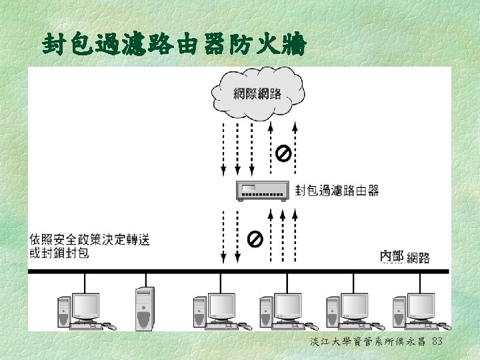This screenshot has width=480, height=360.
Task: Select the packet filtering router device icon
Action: tap(263, 191)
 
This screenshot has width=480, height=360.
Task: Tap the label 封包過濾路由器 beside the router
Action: tap(337, 191)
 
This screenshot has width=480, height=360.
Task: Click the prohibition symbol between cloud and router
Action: tap(283, 155)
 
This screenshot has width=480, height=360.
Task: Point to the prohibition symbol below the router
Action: tap(255, 238)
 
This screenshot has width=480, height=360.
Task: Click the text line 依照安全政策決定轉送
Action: tap(90, 239)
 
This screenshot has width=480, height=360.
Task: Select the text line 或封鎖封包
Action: tap(59, 253)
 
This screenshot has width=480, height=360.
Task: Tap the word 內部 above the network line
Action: tap(392, 256)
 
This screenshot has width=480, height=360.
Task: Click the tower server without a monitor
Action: tap(145, 309)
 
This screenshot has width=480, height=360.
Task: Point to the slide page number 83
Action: tap(437, 341)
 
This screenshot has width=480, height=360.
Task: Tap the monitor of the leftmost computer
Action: tap(86, 306)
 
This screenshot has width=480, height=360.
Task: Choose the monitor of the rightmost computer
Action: tap(421, 306)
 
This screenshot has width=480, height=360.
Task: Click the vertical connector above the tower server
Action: tap(144, 280)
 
